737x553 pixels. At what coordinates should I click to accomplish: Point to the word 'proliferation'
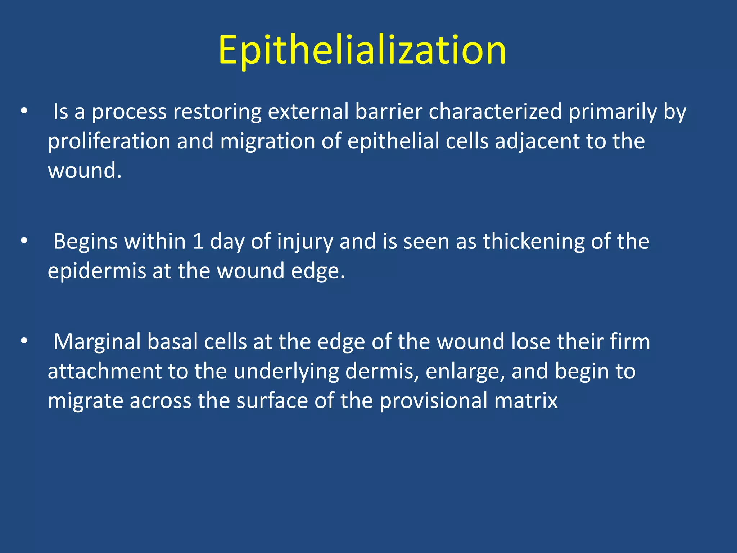[x=109, y=141]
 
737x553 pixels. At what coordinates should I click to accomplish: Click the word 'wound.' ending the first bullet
[x=85, y=171]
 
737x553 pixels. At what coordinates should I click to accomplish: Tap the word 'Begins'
[x=85, y=242]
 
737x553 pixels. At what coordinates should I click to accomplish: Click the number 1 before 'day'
[x=198, y=242]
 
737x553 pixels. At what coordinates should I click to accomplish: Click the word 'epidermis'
[x=97, y=271]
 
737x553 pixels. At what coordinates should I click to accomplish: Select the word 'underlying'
[x=286, y=372]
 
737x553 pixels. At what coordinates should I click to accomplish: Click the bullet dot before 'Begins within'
[x=24, y=241]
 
